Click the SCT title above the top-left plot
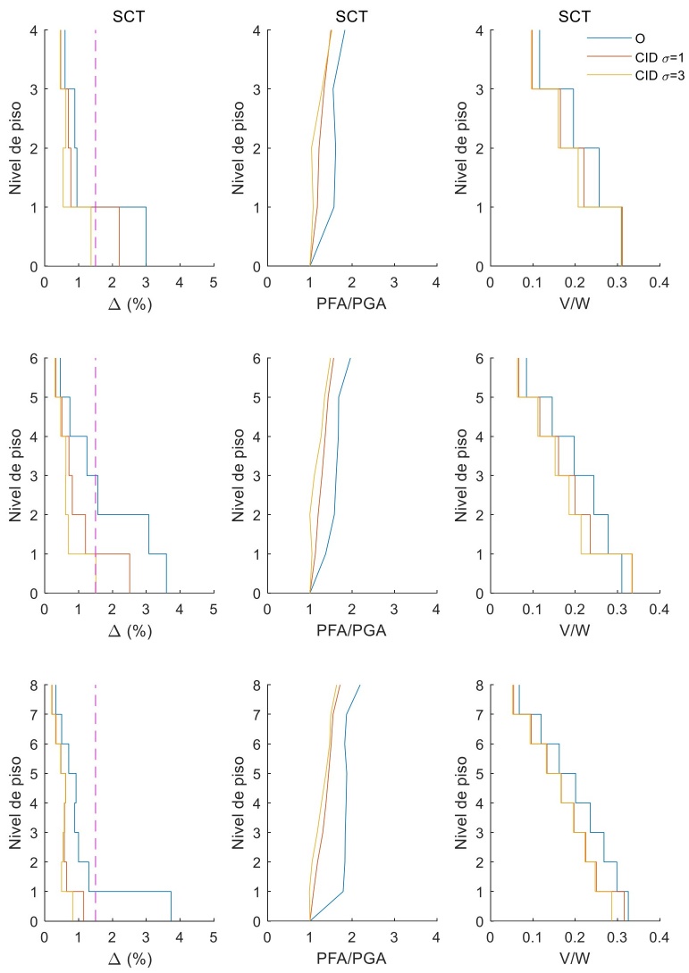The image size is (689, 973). (x=129, y=15)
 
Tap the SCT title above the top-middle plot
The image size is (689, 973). (x=351, y=15)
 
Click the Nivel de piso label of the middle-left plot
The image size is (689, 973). (x=16, y=476)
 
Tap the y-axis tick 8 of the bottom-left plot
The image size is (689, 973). (x=34, y=685)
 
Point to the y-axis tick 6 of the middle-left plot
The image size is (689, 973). (x=34, y=358)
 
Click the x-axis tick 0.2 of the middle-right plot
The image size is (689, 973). (x=574, y=609)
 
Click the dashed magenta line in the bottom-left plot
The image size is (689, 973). (x=96, y=803)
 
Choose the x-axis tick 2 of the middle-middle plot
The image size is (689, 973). (x=351, y=609)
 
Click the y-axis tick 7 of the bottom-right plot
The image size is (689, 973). (x=479, y=714)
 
